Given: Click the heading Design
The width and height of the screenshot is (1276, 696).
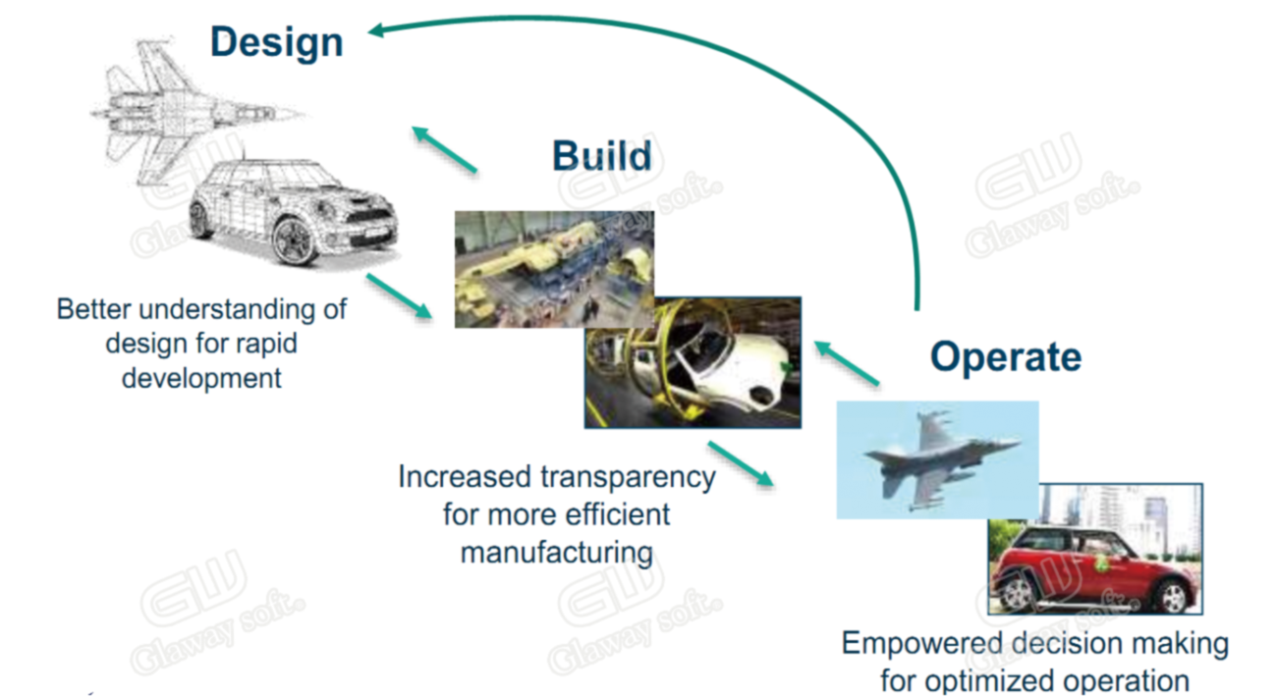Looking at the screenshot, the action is (x=277, y=43).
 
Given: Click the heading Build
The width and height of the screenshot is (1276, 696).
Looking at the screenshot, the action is (x=602, y=156).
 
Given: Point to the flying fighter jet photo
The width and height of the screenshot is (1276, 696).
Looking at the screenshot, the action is (x=937, y=459).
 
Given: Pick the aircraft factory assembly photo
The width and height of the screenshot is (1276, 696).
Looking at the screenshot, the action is (x=554, y=269).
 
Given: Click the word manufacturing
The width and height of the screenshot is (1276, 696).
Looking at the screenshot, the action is (x=557, y=553).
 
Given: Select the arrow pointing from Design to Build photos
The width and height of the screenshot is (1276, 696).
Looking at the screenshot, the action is (x=400, y=295).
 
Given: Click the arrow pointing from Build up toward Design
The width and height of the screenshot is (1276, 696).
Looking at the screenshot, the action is (x=444, y=149).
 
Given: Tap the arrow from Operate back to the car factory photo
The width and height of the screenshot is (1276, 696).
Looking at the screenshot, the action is (x=847, y=363).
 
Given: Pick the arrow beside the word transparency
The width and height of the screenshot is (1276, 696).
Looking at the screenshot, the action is (x=741, y=463).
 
